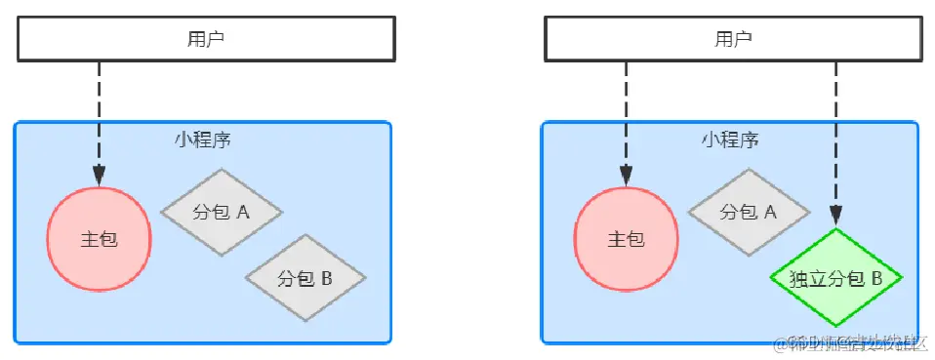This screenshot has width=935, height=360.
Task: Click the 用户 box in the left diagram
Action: click(205, 39)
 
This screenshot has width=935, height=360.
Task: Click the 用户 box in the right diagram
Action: click(732, 39)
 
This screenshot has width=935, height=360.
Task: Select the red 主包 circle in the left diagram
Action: click(99, 239)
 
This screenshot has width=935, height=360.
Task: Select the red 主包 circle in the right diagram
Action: click(626, 239)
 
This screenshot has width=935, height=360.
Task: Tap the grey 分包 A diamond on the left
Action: click(222, 212)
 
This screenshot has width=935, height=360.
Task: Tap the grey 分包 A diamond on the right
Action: click(749, 212)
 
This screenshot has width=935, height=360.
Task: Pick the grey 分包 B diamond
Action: click(305, 279)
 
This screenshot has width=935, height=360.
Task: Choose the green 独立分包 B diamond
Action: click(835, 279)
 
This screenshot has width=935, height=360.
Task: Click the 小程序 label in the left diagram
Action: click(203, 139)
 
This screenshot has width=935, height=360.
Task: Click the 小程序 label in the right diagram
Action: click(730, 139)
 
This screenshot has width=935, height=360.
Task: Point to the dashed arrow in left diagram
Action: click(99, 117)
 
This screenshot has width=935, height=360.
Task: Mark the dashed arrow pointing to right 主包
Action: click(626, 117)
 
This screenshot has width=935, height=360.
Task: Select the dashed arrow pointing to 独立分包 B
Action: click(835, 137)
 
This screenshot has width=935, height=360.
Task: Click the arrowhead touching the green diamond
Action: click(835, 218)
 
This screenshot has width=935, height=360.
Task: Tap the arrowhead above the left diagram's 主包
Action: click(99, 176)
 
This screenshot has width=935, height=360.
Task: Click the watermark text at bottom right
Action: click(849, 343)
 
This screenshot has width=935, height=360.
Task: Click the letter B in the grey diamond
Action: click(327, 279)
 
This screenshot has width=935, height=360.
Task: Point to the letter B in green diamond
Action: click(876, 279)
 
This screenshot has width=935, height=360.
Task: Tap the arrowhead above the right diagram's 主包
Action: click(626, 176)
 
